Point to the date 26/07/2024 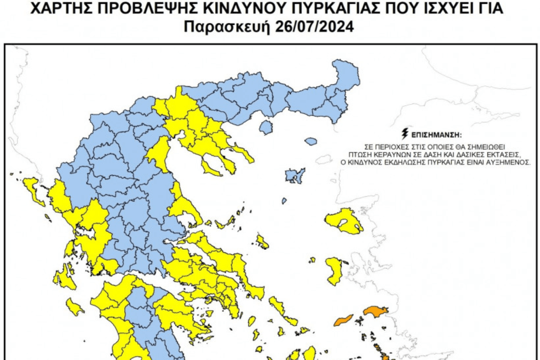click(x=313, y=27)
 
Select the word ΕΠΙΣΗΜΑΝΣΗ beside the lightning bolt click(x=436, y=135)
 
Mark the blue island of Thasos click(x=266, y=128)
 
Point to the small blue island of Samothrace click(x=310, y=141)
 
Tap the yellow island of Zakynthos click(x=75, y=307)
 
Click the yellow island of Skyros click(x=262, y=242)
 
